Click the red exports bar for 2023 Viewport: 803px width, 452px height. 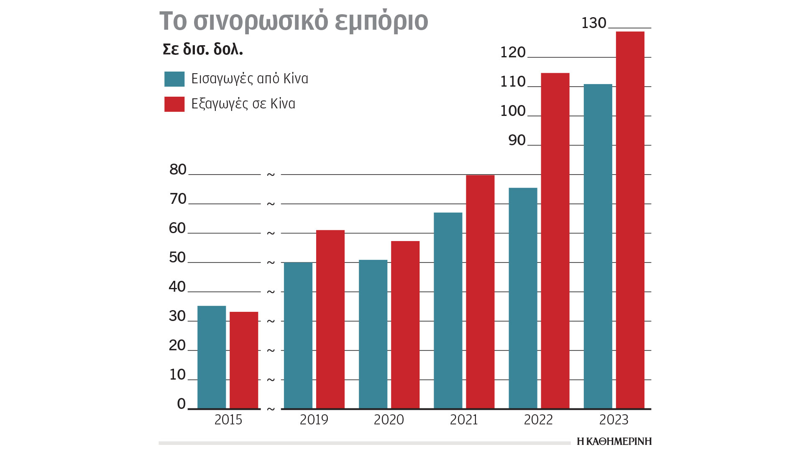pos(630,220)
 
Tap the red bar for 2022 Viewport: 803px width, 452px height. pos(555,241)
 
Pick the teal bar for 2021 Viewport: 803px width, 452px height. pos(448,310)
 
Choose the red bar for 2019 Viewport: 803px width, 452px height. pos(330,319)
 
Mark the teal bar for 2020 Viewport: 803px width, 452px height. pos(373,334)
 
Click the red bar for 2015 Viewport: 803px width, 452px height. pos(244,360)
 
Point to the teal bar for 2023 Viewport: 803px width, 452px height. pos(598,246)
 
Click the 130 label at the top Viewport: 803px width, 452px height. pos(593,23)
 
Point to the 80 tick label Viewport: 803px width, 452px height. pos(178,169)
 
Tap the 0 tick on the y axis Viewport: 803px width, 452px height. pos(181,404)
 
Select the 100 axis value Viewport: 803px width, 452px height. pos(513,111)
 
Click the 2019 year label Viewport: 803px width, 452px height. pos(314,420)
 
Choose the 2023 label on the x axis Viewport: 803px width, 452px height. pos(614,420)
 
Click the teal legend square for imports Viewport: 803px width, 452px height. pos(174,79)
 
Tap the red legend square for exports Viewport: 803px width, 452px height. pos(174,104)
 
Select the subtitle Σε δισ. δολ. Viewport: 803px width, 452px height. pos(203,49)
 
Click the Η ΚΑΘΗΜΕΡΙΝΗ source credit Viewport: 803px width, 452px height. pos(614,442)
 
